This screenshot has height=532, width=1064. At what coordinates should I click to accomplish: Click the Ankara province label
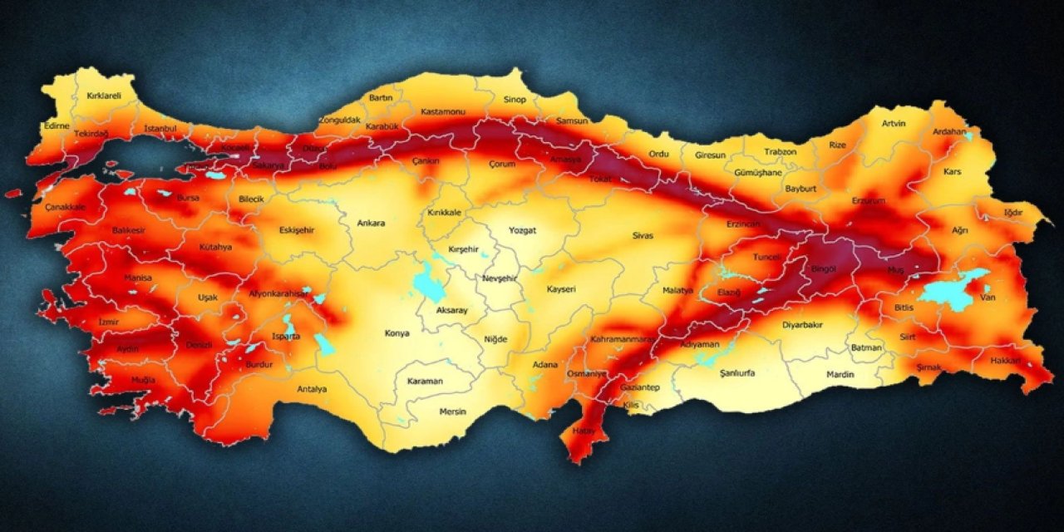(x=371, y=223)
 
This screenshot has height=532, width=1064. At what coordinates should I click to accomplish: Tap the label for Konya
(x=397, y=333)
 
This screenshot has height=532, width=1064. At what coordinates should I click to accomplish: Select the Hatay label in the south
(x=577, y=431)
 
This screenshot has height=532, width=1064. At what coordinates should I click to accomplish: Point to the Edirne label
(x=57, y=126)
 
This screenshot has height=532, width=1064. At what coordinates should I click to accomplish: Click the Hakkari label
(x=1005, y=361)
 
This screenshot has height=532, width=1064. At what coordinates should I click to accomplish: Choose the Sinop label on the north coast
(x=515, y=100)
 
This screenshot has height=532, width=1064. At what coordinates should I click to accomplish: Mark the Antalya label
(x=312, y=388)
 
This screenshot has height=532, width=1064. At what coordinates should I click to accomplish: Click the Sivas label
(x=643, y=235)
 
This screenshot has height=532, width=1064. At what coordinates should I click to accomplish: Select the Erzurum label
(x=869, y=201)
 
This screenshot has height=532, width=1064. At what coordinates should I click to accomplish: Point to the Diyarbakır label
(x=802, y=325)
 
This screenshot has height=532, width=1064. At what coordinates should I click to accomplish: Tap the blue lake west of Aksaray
(x=428, y=285)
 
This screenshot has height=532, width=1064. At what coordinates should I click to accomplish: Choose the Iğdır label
(x=1013, y=213)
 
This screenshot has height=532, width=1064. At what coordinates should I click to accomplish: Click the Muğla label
(x=143, y=380)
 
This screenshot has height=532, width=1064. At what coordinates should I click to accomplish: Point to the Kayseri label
(x=561, y=289)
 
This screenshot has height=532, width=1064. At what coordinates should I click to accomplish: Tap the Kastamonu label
(x=443, y=111)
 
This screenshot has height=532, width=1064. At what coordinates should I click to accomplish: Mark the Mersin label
(x=453, y=411)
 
